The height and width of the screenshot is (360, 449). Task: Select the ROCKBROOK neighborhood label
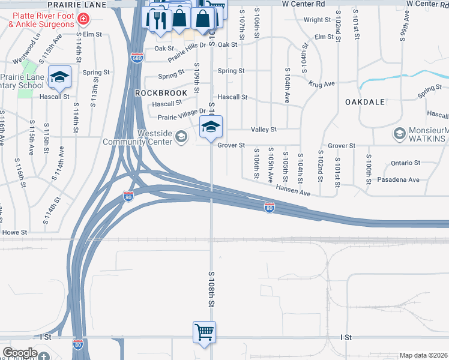157,93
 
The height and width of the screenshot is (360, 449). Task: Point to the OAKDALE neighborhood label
364,102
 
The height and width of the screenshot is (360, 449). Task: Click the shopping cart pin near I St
204,332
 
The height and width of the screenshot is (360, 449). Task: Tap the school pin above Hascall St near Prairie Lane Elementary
60,77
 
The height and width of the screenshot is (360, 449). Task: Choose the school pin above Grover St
211,127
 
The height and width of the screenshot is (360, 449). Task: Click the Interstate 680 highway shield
137,58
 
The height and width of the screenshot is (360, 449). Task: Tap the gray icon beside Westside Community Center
181,137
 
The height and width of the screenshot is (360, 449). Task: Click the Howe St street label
15,232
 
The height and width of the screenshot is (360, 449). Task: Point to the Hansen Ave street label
293,190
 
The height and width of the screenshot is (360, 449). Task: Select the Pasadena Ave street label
397,179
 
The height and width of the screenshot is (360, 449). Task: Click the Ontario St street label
405,163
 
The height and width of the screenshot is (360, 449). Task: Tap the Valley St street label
264,129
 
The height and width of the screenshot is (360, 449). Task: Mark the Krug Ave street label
321,85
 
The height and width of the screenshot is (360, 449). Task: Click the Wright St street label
317,20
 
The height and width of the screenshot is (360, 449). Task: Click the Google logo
20,353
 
